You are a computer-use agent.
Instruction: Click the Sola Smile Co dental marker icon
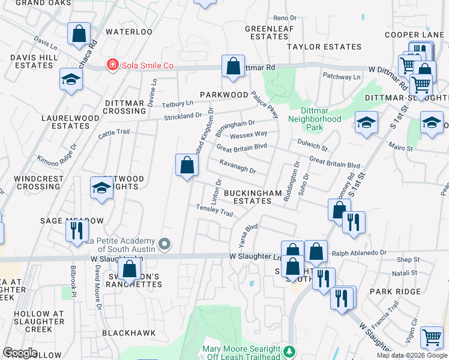[x=112, y=65]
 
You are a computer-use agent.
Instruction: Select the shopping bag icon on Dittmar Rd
[x=233, y=66]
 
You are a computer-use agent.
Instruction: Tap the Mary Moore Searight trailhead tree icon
[x=290, y=350]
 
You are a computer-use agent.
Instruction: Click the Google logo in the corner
[x=20, y=353]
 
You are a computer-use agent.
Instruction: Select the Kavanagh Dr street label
[x=238, y=166]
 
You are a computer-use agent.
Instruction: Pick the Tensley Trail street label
[x=214, y=210]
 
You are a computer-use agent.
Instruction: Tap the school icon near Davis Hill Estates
[x=71, y=79]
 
